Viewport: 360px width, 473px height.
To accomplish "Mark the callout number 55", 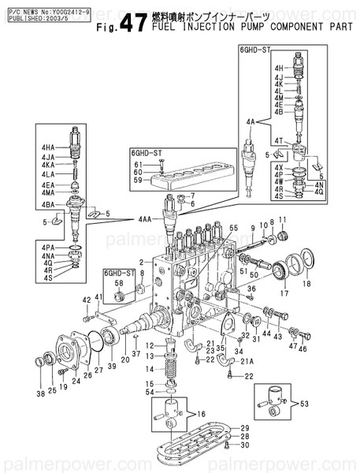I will click(x=232, y=227).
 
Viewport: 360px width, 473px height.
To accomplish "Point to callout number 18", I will click(x=307, y=282).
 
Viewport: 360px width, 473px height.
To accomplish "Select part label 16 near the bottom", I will click(x=200, y=412).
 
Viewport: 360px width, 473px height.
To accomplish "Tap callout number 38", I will click(x=39, y=393).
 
